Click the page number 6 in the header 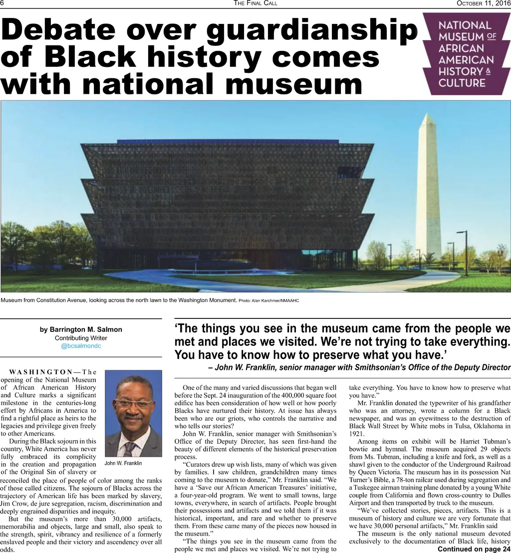2,3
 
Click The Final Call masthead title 255,3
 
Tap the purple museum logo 466,53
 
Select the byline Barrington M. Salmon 81,329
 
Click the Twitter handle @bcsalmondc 81,346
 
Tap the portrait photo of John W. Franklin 134,413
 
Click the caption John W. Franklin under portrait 123,463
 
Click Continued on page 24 474,549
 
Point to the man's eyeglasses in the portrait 134,403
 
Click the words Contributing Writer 81,338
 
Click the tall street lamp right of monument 465,252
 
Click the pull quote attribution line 359,368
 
